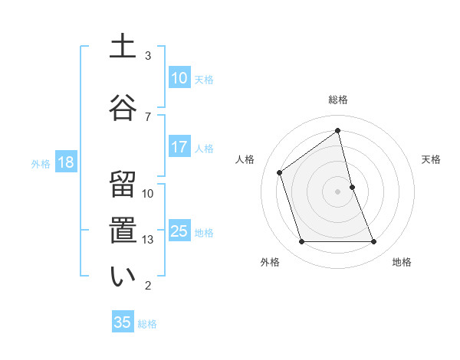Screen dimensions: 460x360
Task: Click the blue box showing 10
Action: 179,78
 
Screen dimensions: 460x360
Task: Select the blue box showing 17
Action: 179,147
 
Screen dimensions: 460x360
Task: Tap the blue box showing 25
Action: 179,231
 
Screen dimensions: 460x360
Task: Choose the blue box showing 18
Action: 65,162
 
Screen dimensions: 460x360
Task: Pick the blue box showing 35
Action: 123,322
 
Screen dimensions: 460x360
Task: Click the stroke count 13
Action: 148,240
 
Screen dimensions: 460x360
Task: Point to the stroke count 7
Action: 148,116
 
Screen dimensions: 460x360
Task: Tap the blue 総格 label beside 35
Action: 148,324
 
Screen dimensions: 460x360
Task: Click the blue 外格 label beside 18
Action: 41,163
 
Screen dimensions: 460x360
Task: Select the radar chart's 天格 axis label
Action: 431,159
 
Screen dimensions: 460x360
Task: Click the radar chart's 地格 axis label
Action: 402,262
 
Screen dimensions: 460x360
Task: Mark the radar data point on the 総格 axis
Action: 337,131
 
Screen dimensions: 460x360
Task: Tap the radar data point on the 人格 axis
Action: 280,172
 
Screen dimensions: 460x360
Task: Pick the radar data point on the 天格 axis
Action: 352,186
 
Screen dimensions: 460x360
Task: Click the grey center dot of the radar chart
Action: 337,191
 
